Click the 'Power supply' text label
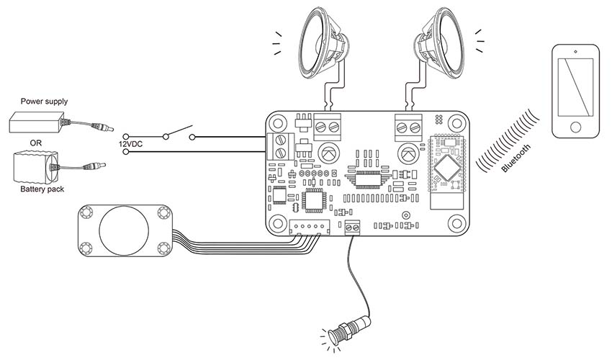pos(44,102)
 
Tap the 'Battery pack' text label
pos(42,189)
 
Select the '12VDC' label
pos(130,144)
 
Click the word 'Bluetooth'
pos(516,158)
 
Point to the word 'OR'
pos(35,143)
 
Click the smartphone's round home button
pos(575,127)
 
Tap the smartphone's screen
pos(575,87)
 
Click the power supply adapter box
pos(37,122)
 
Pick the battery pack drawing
pos(35,168)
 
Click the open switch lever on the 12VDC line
pos(179,131)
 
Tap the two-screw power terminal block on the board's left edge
pos(280,146)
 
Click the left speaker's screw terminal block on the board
pos(327,127)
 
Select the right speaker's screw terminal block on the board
pos(409,127)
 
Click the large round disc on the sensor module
pos(124,230)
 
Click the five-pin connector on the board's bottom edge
pos(310,227)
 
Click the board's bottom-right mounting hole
pos(456,224)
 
